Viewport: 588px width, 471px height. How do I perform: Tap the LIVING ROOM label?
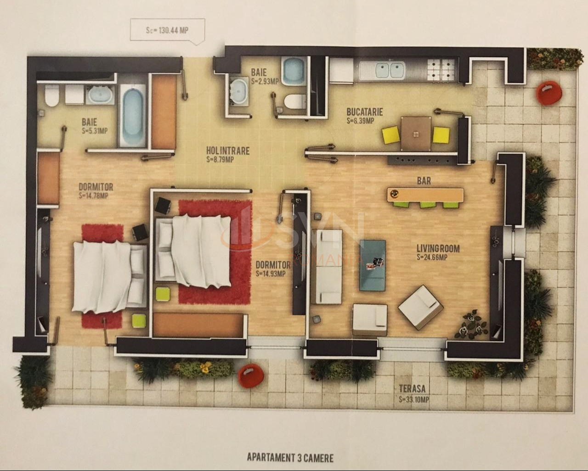pos(438,249)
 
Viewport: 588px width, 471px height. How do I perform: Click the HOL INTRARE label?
pos(228,151)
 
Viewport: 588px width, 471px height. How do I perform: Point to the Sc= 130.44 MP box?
pos(160,30)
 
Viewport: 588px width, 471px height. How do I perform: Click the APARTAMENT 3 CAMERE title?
pos(290,457)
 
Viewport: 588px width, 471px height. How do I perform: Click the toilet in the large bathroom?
pos(51,96)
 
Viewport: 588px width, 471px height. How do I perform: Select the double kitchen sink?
pos(390,70)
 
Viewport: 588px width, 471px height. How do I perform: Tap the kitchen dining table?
pos(416,133)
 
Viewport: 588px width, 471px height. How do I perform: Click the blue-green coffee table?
pos(373,265)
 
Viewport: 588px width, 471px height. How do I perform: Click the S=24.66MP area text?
pos(432,258)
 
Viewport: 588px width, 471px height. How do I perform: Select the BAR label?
pos(424,181)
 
